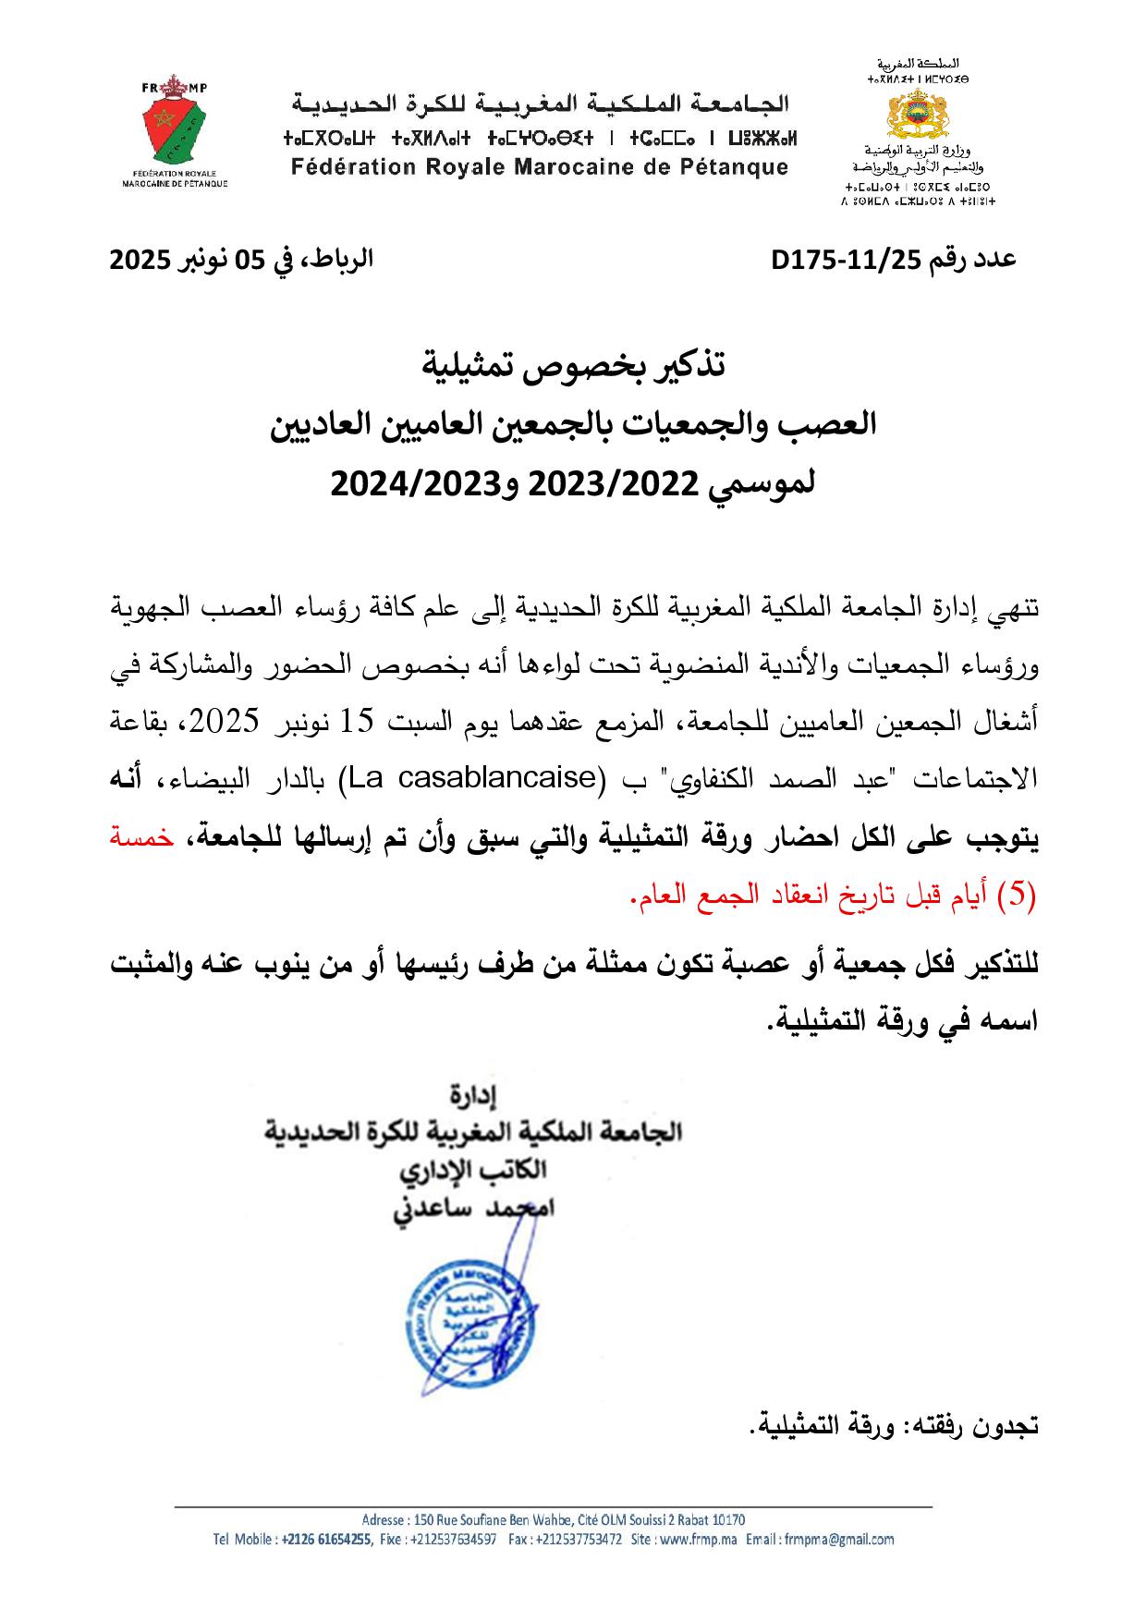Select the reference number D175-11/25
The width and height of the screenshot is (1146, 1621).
pyautogui.click(x=847, y=260)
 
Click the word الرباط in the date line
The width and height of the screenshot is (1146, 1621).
pyautogui.click(x=344, y=260)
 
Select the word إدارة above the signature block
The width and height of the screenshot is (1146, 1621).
pyautogui.click(x=472, y=1097)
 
